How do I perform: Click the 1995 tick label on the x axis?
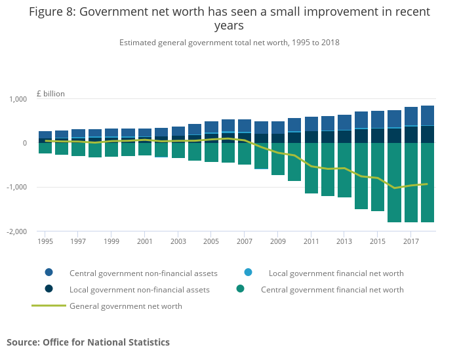45,241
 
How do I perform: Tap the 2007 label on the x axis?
244,241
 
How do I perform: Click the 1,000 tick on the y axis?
17,99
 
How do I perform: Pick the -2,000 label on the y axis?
16,231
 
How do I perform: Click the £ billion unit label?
50,94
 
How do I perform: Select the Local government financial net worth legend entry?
336,273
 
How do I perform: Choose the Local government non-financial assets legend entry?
139,289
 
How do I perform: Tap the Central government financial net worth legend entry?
332,289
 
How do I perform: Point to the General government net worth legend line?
49,306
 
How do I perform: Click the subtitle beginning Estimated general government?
229,43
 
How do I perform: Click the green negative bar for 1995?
45,148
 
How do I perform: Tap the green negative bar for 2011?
311,168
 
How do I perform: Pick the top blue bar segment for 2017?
410,116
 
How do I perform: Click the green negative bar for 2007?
244,153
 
